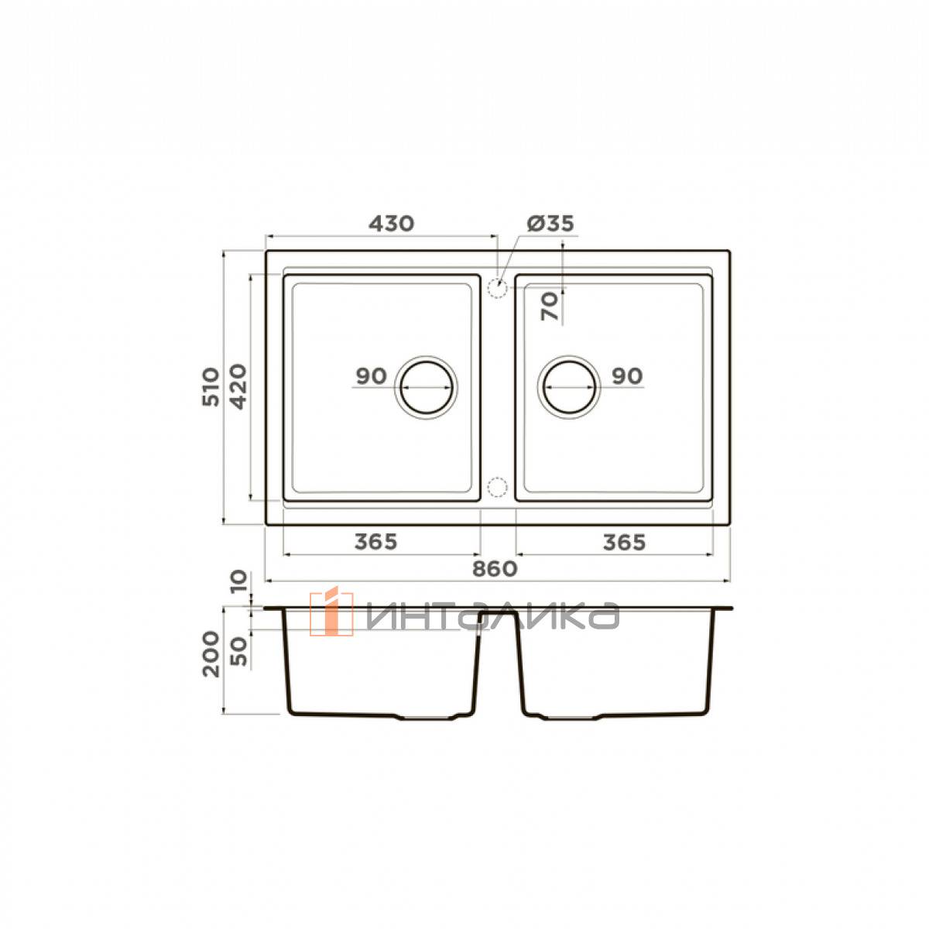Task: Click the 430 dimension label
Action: click(391, 223)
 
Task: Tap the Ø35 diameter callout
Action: click(550, 223)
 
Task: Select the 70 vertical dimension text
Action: click(550, 306)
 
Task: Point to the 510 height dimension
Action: click(211, 386)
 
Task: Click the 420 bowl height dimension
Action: click(238, 386)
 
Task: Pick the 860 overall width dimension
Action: click(495, 569)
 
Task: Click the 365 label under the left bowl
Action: click(376, 542)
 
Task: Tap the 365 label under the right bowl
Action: click(624, 543)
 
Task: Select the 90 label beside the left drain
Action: click(372, 376)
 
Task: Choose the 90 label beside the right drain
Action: click(627, 375)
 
